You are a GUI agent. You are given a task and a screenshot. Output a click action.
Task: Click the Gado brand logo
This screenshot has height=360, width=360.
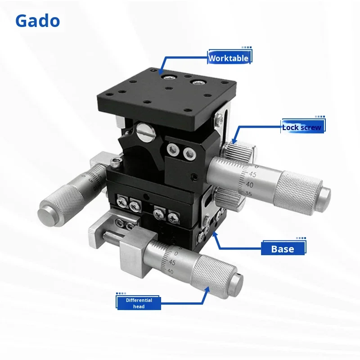37,21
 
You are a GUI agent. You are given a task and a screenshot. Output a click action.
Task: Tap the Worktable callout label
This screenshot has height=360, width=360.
228,58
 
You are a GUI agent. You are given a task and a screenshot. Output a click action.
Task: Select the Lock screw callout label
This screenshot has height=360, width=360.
302,127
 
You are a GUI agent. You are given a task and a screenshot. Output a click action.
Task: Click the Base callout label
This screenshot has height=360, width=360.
283,249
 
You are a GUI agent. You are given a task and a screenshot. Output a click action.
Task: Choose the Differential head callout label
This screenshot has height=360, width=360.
139,303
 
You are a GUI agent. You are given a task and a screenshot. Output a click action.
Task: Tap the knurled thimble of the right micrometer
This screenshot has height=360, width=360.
297,187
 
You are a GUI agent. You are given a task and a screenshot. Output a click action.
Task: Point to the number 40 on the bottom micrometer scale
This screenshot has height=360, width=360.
170,271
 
